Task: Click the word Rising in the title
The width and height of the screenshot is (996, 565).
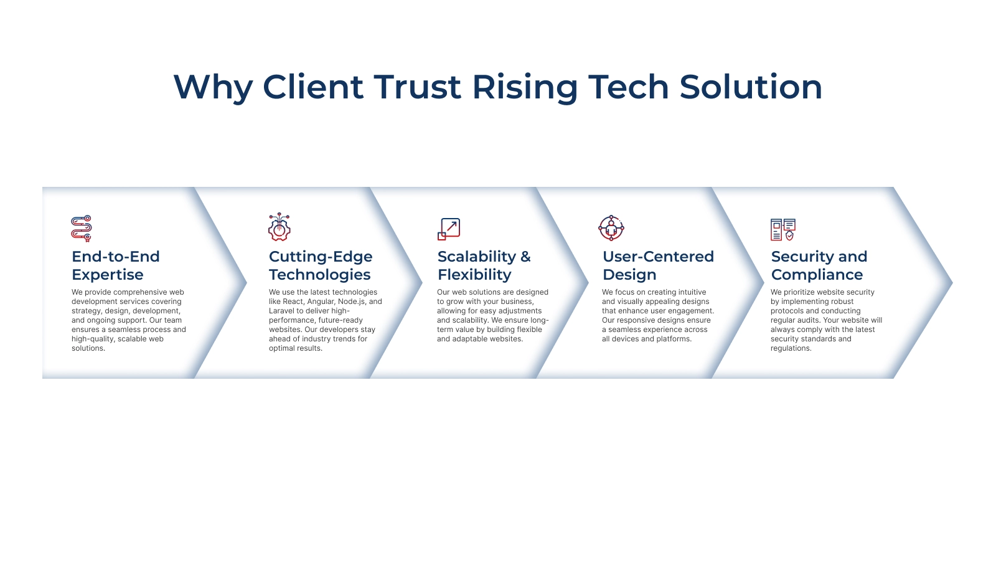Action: click(525, 88)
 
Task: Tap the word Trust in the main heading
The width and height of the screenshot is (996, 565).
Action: click(417, 87)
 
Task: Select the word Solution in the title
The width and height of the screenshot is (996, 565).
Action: click(751, 87)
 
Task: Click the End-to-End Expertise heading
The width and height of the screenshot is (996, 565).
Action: click(116, 265)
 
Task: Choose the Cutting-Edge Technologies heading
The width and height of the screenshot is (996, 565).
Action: click(321, 265)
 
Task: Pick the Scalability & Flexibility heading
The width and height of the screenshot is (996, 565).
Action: click(484, 265)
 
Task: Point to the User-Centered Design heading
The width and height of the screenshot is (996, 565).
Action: click(658, 265)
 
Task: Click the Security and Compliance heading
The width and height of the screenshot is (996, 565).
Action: click(819, 265)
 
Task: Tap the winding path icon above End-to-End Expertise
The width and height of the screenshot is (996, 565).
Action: click(82, 228)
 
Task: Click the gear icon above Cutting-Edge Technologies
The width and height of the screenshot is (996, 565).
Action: click(280, 227)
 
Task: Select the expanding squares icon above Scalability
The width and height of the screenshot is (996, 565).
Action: click(449, 229)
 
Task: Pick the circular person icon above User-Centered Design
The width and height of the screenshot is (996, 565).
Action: click(611, 228)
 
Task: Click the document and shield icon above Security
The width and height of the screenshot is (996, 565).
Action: click(783, 230)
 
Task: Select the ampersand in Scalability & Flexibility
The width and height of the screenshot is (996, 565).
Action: click(525, 257)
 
